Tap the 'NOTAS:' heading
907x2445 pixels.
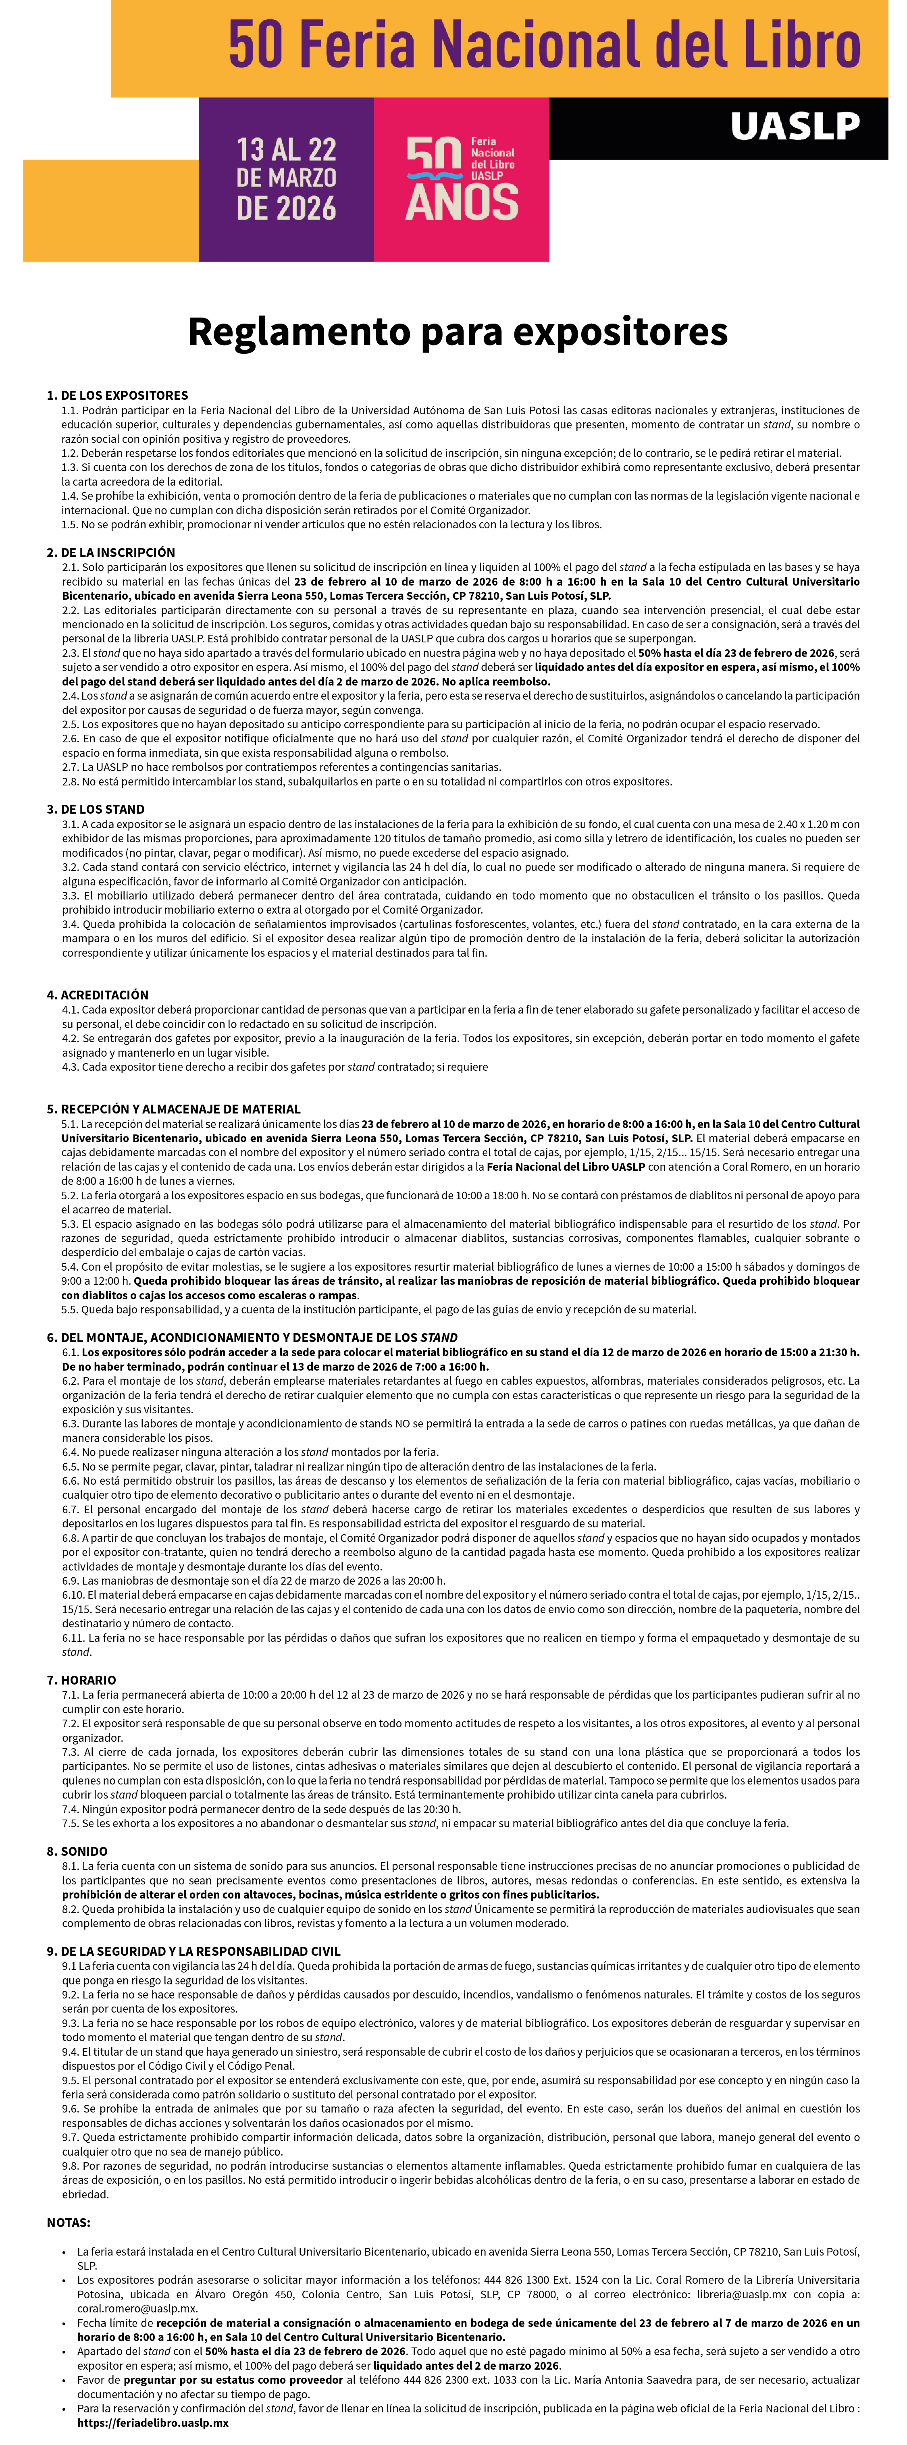point(69,2222)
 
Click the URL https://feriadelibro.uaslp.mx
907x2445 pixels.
point(153,2422)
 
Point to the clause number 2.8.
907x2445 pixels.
point(70,781)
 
